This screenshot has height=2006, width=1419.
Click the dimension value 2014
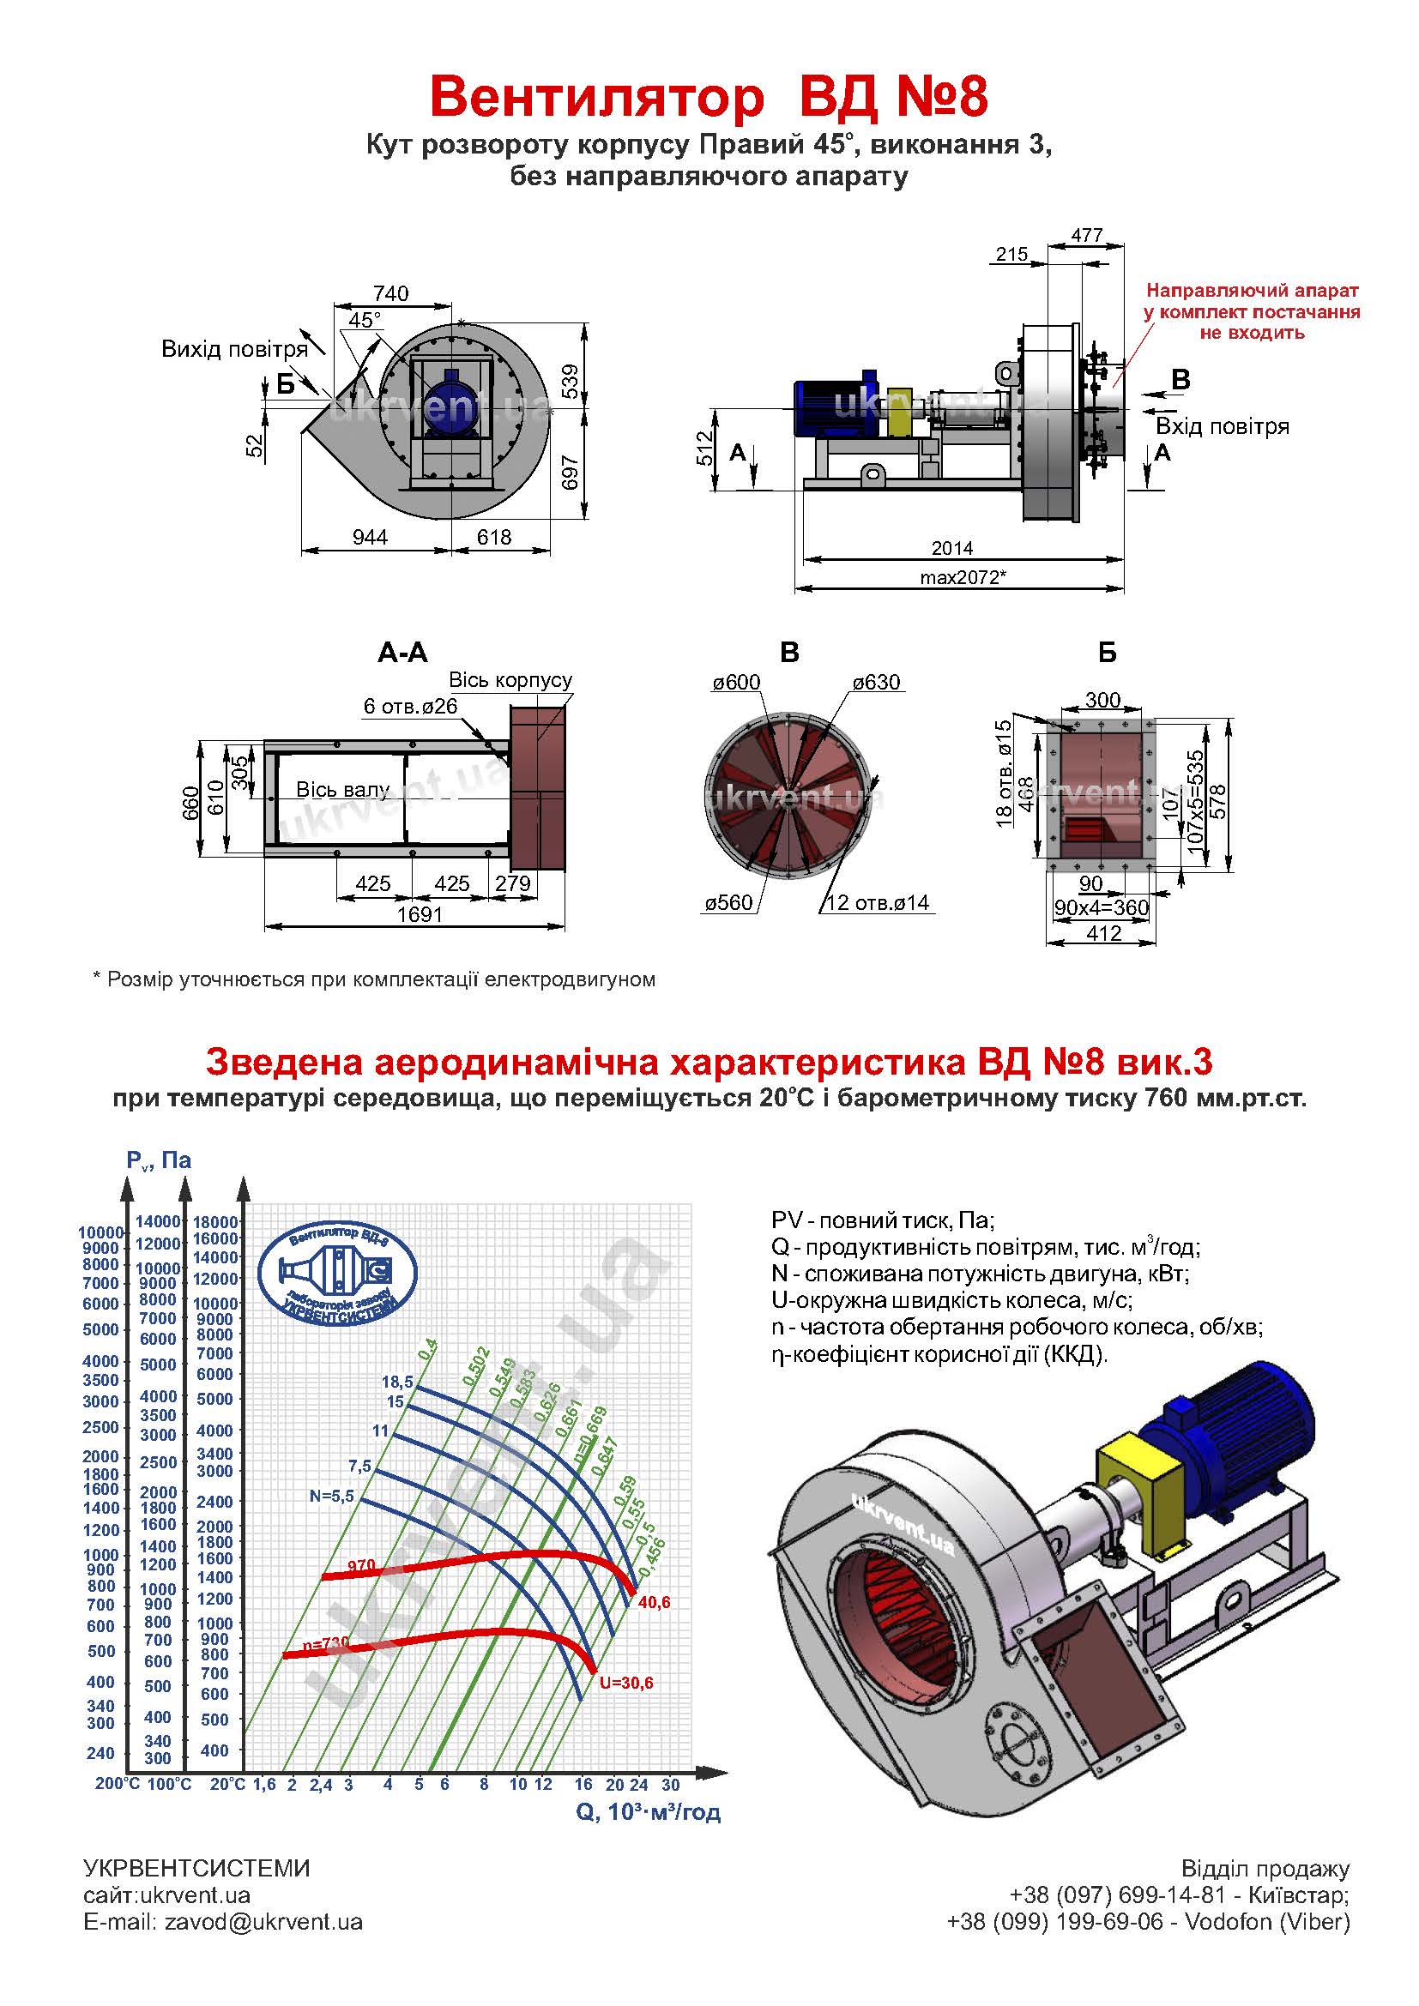[951, 548]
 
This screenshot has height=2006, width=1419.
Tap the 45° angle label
[365, 320]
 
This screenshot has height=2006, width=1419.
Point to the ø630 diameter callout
[876, 683]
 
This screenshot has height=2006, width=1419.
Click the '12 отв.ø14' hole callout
[878, 902]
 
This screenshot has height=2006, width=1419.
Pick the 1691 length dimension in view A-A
[420, 914]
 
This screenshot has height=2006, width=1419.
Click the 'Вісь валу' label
[342, 790]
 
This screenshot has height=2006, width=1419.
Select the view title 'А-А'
[403, 652]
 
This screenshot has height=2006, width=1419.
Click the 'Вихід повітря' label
[234, 349]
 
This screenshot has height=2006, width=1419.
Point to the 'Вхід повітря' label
[1223, 426]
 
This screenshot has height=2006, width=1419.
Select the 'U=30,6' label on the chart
[625, 1683]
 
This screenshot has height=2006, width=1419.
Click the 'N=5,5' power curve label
[331, 1496]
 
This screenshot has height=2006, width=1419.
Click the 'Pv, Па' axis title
[158, 1160]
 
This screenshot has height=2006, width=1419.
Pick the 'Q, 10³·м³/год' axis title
[649, 1812]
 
